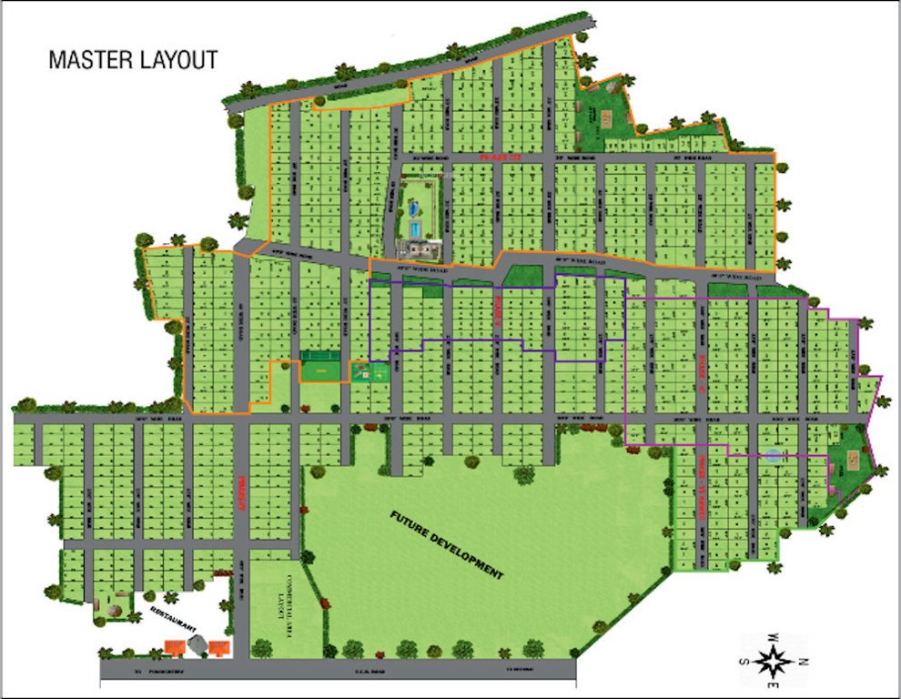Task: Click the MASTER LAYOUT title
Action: (x=133, y=61)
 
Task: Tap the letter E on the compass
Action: (x=773, y=685)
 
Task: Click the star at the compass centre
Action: (x=773, y=661)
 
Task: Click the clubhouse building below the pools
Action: (x=417, y=248)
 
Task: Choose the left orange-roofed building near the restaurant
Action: (x=173, y=647)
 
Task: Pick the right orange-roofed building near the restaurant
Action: (x=219, y=647)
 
